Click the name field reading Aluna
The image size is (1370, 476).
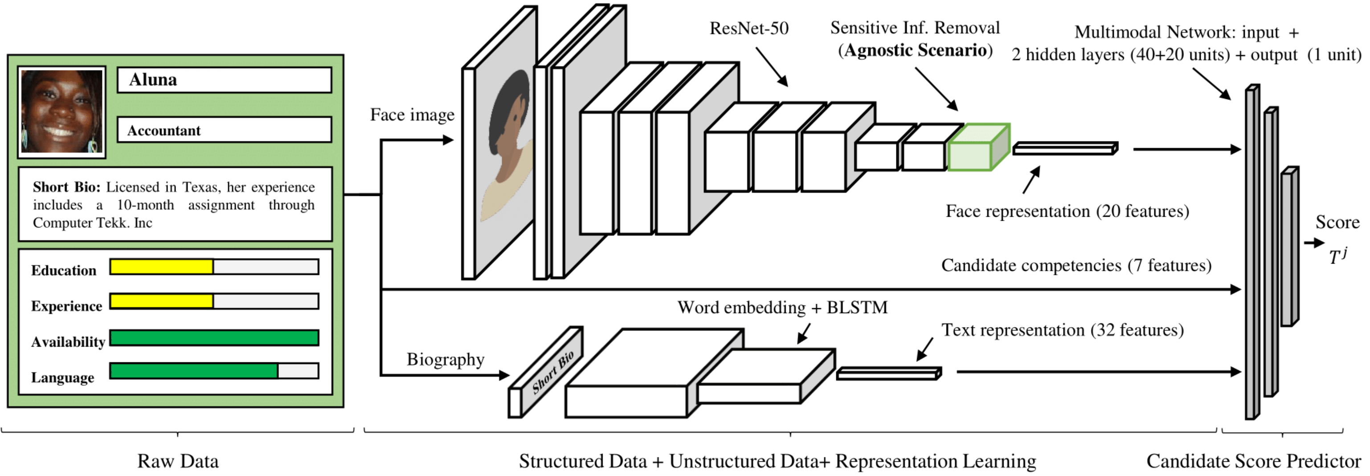pyautogui.click(x=224, y=80)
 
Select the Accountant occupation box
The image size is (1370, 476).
pyautogui.click(x=224, y=130)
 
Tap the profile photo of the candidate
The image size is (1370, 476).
pyautogui.click(x=61, y=112)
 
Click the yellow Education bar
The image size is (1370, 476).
pyautogui.click(x=162, y=267)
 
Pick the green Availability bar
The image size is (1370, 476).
pyautogui.click(x=214, y=338)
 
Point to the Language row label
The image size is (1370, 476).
pyautogui.click(x=62, y=377)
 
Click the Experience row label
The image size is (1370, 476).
pyautogui.click(x=66, y=306)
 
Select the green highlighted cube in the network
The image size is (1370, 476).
pyautogui.click(x=977, y=149)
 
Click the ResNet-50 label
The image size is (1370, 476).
pyautogui.click(x=749, y=28)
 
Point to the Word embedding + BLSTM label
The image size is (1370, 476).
pyautogui.click(x=782, y=307)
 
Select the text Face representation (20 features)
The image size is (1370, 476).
pyautogui.click(x=1067, y=211)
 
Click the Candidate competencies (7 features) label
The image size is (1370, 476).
pyautogui.click(x=1076, y=265)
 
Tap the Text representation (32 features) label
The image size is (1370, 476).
pyautogui.click(x=1062, y=330)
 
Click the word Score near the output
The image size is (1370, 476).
pyautogui.click(x=1337, y=222)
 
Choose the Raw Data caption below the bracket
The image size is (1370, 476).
pyautogui.click(x=178, y=460)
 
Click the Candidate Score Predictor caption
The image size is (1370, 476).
pyautogui.click(x=1253, y=460)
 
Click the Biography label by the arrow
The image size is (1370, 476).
pyautogui.click(x=445, y=360)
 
